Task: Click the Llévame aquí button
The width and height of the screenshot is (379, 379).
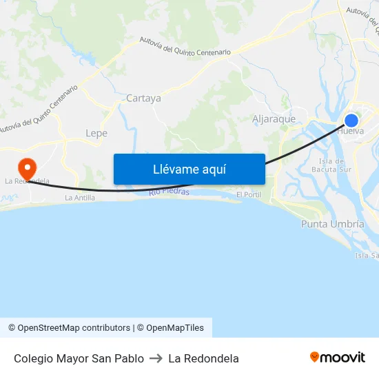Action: (189, 169)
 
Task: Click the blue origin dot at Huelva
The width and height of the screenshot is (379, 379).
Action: (351, 121)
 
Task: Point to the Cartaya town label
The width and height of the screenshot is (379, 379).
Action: (143, 99)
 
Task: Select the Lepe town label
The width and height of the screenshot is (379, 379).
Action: (96, 133)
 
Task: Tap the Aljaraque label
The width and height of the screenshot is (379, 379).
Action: (274, 119)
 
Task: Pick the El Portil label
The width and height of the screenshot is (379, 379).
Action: (248, 195)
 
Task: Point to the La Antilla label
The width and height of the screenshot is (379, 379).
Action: (80, 198)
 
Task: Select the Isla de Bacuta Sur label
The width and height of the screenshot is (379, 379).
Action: (331, 165)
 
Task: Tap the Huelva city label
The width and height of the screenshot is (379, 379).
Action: (351, 131)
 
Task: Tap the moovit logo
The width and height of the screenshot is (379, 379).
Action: (338, 358)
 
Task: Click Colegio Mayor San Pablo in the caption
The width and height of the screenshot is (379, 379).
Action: (79, 358)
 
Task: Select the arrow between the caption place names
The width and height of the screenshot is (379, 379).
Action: (156, 358)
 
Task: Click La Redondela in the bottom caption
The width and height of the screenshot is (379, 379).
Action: (203, 358)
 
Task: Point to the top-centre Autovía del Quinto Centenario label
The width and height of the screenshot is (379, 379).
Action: (185, 47)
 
